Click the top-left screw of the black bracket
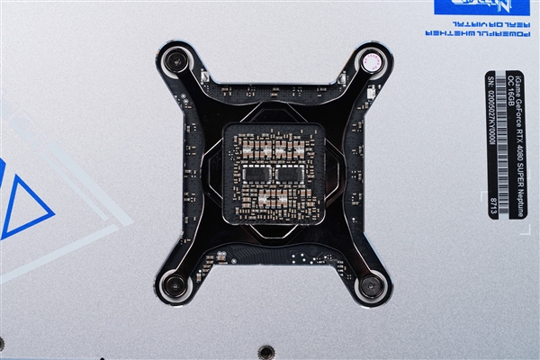175,62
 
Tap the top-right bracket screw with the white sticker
372,62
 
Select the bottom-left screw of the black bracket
175,286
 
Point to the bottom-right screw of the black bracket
371,288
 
